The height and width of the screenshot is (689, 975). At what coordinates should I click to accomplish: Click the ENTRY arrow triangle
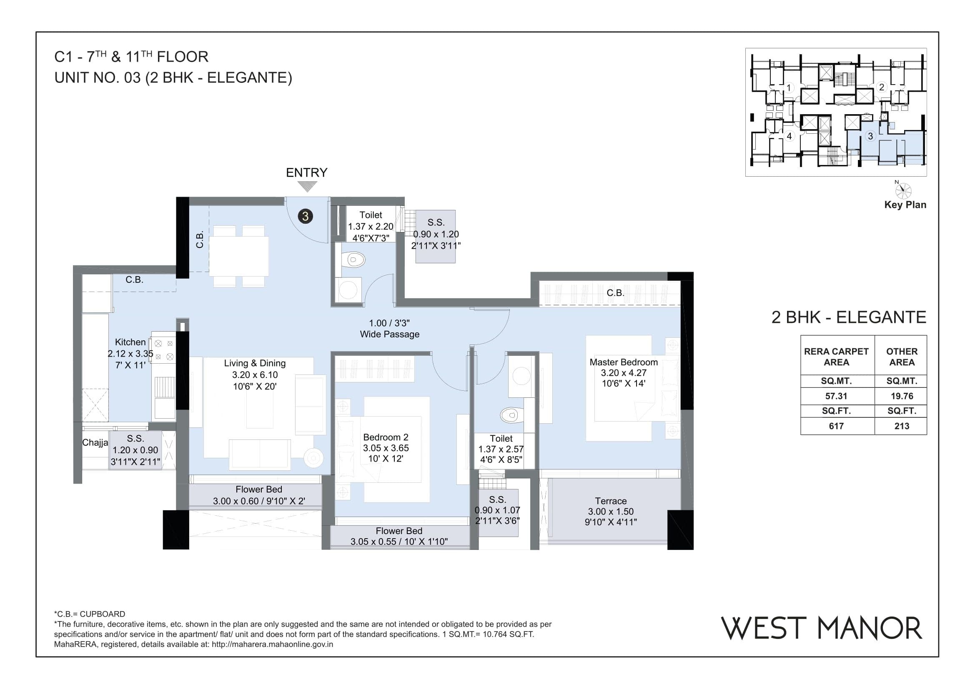[x=307, y=186]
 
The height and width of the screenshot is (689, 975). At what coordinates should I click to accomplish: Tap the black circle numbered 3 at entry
[x=305, y=216]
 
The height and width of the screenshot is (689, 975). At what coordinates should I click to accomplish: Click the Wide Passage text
[x=389, y=334]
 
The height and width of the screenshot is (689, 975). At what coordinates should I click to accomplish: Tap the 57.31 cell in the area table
[x=836, y=396]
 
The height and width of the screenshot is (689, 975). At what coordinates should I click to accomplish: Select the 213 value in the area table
[x=902, y=426]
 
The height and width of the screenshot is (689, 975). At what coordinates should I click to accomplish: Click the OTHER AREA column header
[x=902, y=357]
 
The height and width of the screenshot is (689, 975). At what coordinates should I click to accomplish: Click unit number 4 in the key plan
[x=789, y=136]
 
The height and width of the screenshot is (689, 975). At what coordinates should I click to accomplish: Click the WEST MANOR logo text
[x=822, y=628]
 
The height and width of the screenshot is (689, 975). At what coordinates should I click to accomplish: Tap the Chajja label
[x=95, y=442]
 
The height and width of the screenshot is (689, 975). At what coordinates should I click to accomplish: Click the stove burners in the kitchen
[x=164, y=350]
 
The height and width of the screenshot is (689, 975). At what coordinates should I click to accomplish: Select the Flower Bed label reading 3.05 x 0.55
[x=399, y=536]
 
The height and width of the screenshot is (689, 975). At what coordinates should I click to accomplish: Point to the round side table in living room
[x=313, y=457]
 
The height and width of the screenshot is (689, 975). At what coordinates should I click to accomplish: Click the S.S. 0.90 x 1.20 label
[x=436, y=234]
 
